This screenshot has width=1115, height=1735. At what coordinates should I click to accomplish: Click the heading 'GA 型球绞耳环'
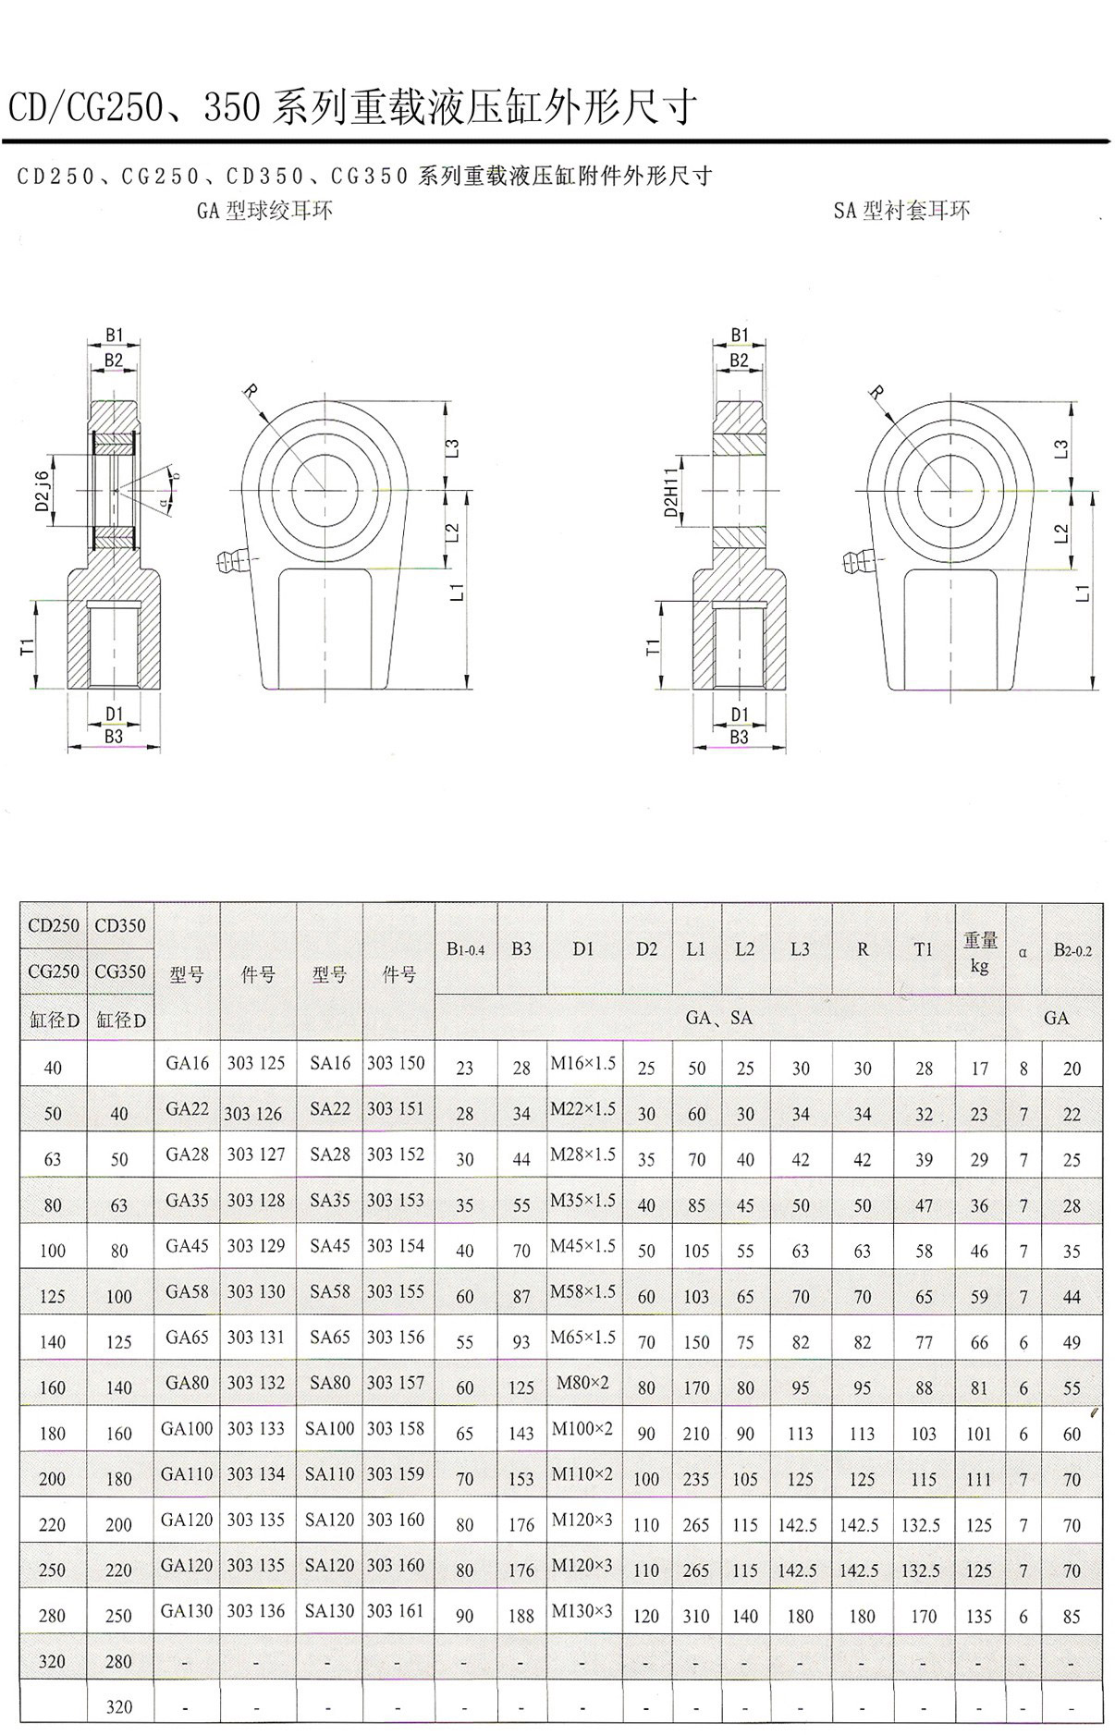pyautogui.click(x=264, y=211)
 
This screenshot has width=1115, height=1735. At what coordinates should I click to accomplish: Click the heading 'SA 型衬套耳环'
pyautogui.click(x=901, y=211)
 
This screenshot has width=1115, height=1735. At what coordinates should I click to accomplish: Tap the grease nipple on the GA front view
pyautogui.click(x=228, y=557)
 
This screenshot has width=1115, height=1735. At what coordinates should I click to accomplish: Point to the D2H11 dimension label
pyautogui.click(x=671, y=491)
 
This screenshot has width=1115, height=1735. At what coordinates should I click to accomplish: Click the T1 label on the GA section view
pyautogui.click(x=29, y=646)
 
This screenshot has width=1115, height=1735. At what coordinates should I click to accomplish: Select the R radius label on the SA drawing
pyautogui.click(x=876, y=393)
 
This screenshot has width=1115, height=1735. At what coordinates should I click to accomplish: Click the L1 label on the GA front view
pyautogui.click(x=457, y=592)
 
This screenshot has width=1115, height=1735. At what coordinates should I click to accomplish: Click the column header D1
pyautogui.click(x=583, y=948)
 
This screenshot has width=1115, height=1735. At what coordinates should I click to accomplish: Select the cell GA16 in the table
pyautogui.click(x=188, y=1063)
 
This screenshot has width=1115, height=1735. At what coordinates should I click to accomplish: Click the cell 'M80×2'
pyautogui.click(x=582, y=1383)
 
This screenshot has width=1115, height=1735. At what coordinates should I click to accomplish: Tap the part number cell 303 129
pyautogui.click(x=256, y=1246)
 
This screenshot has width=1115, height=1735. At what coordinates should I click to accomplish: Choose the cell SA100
pyautogui.click(x=330, y=1428)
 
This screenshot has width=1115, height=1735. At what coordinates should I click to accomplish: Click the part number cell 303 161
pyautogui.click(x=396, y=1610)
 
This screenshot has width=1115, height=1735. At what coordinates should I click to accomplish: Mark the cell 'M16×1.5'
pyautogui.click(x=583, y=1063)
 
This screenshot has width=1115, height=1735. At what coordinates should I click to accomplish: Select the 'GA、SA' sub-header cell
pyautogui.click(x=719, y=1018)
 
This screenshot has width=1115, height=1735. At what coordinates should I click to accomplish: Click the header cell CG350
pyautogui.click(x=120, y=971)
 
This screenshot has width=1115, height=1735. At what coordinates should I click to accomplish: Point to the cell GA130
pyautogui.click(x=188, y=1610)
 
